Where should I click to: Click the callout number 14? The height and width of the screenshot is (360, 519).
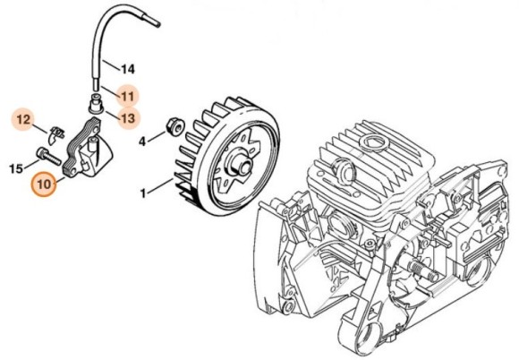(127, 68)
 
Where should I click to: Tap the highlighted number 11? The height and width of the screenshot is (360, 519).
(127, 94)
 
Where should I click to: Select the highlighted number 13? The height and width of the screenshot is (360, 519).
(127, 116)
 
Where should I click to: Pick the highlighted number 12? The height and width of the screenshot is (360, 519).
(24, 118)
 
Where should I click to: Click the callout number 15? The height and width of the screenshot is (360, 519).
(16, 167)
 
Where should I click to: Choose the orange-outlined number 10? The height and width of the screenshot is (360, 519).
(43, 185)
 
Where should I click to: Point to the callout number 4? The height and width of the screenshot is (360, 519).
(141, 141)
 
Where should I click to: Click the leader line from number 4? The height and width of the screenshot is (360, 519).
(157, 135)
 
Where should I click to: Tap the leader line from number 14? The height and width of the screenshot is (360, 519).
(111, 64)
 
